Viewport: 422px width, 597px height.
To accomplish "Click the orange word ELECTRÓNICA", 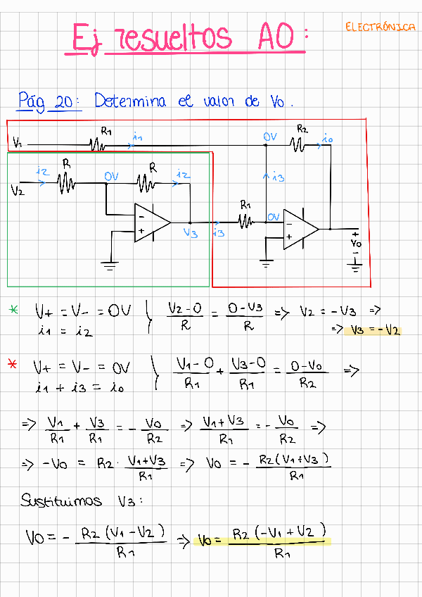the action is (x=380, y=27).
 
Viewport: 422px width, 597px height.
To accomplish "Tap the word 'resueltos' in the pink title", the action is (x=176, y=37).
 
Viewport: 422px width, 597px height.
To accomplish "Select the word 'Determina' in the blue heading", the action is (x=130, y=101).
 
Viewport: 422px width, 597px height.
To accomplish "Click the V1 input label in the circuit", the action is (x=18, y=144).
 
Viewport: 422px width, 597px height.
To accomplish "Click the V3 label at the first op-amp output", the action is (x=190, y=233).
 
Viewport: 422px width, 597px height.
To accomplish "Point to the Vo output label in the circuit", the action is (x=356, y=243).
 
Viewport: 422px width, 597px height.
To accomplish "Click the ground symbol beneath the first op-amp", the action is (x=110, y=265).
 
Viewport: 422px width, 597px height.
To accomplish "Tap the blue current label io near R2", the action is (x=327, y=139).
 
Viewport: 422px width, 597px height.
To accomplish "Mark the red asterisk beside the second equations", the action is (x=13, y=364).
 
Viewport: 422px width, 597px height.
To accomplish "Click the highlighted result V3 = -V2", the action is (x=373, y=329).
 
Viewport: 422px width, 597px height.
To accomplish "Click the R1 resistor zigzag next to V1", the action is (x=97, y=144).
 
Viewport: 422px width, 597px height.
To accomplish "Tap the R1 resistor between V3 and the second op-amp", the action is (x=245, y=222).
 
